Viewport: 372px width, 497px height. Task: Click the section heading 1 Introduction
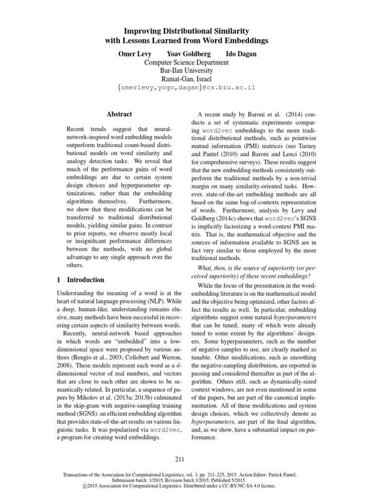pyautogui.click(x=80, y=280)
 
